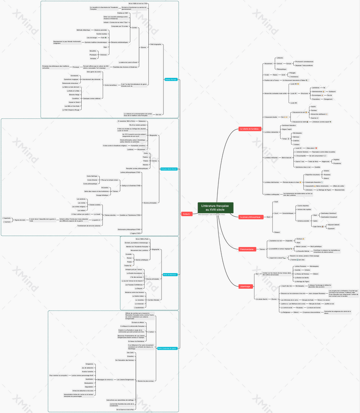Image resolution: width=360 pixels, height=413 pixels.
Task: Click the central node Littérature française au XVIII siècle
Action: point(215,207)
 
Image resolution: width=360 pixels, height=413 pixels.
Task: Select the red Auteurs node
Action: point(186,213)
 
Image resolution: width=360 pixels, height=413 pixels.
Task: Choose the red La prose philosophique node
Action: point(252,217)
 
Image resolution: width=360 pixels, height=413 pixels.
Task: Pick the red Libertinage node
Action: point(246,286)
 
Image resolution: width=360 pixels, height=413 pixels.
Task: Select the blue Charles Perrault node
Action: point(171,79)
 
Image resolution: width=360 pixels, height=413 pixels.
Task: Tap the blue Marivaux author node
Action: point(169,275)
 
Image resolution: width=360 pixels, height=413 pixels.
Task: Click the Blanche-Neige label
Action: point(74,94)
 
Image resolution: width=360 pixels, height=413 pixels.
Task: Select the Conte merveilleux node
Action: point(111,85)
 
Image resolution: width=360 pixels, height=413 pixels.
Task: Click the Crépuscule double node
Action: point(270,117)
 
